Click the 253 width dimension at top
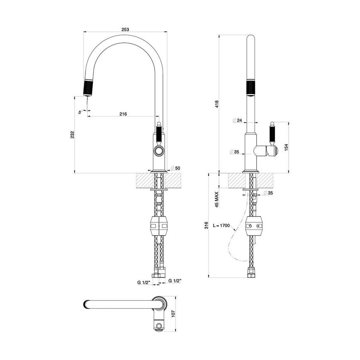tap(125, 29)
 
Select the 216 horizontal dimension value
tap(123, 114)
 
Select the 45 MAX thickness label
tap(216, 199)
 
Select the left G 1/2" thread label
tap(144, 282)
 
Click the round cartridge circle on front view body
tap(159, 150)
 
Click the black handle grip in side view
tap(273, 135)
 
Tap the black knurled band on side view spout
tap(251, 88)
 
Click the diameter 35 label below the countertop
tap(268, 193)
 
